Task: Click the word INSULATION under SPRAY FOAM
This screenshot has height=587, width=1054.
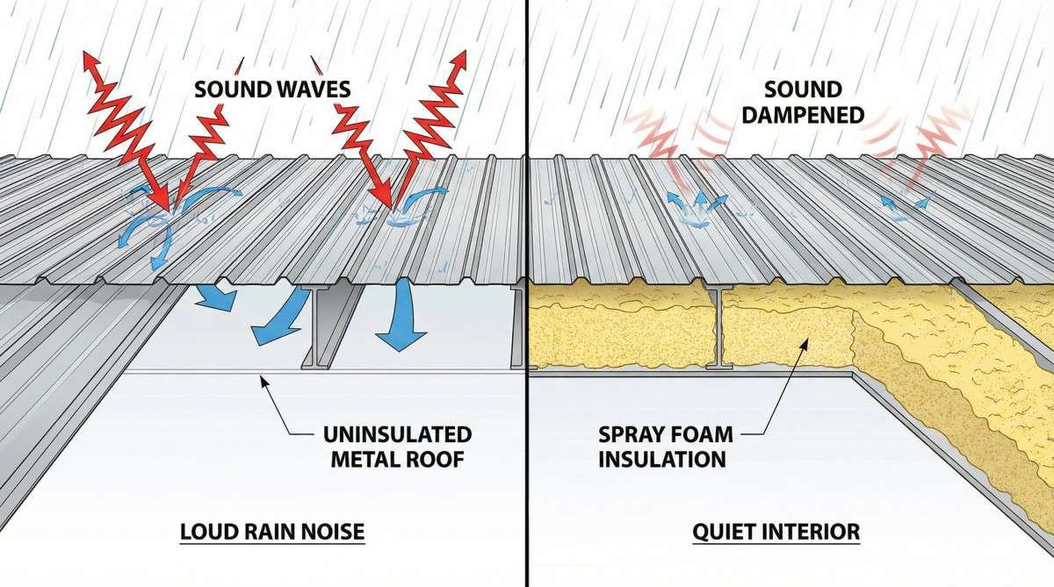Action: (x=663, y=458)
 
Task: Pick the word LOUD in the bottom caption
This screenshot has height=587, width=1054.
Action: (x=211, y=532)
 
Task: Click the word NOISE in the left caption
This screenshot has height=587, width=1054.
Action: (x=333, y=532)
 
